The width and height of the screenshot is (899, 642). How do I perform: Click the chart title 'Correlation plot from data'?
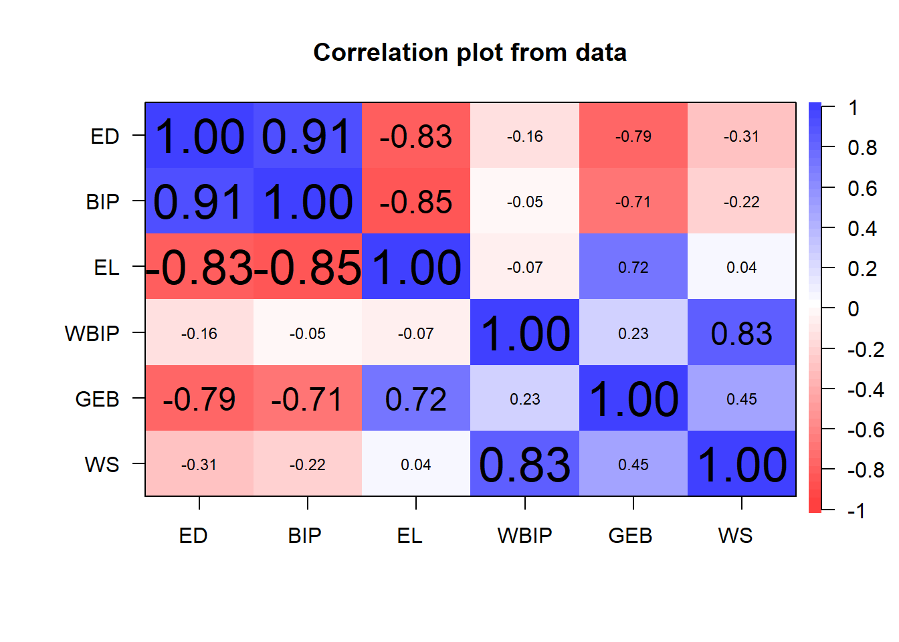point(470,53)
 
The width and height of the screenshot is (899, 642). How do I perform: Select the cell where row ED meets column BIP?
point(308,136)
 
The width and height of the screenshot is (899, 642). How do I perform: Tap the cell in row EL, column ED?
point(199,267)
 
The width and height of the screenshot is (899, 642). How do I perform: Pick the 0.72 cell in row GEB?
point(416,399)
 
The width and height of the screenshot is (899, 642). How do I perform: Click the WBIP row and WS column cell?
point(741,333)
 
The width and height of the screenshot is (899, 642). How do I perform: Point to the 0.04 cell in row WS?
point(416,464)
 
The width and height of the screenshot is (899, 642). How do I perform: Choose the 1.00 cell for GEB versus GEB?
point(633,399)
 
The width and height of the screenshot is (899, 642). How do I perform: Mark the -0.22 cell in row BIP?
point(741,201)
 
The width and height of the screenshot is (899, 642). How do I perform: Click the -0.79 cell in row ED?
point(633,136)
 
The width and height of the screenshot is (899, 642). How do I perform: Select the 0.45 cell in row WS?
point(633,464)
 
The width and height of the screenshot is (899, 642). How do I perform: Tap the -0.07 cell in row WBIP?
point(416,333)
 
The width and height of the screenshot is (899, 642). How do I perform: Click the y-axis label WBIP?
point(92,333)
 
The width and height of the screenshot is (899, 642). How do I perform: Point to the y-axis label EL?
point(106,267)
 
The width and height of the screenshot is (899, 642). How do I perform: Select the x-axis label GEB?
point(630,536)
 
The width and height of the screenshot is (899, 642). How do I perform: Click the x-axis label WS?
point(735,536)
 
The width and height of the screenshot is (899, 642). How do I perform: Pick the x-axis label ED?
point(193,536)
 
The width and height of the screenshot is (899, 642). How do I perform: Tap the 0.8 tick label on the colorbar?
point(862,148)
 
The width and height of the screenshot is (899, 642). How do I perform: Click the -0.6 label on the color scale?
point(865,430)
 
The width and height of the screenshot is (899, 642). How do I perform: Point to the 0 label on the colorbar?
point(853,309)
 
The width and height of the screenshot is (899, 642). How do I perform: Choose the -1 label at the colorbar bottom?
point(856,511)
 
